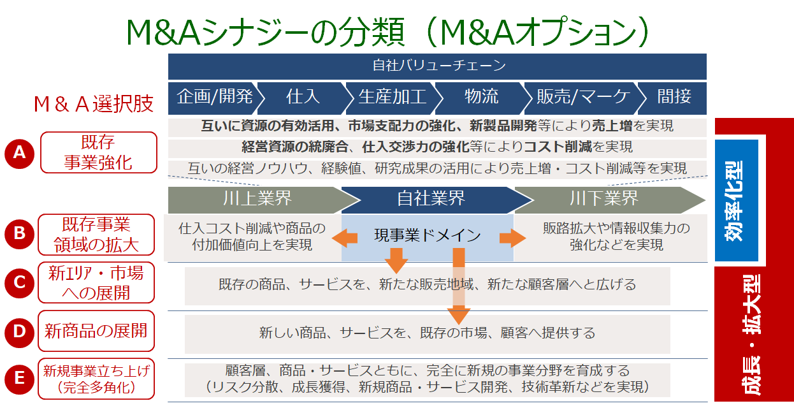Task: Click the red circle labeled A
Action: click(20, 152)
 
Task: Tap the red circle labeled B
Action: click(20, 234)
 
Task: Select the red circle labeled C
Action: click(20, 282)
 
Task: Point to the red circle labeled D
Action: click(20, 331)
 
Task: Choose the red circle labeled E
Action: click(20, 379)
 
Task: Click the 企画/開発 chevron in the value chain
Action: click(213, 97)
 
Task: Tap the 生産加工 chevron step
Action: click(392, 97)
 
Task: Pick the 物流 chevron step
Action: click(481, 97)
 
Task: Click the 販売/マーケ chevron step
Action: click(574, 97)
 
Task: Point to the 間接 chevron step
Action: click(674, 97)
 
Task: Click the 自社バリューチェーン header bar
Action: click(437, 66)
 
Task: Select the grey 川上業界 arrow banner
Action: click(255, 200)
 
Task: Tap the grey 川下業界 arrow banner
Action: click(605, 200)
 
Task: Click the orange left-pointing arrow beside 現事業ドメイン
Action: click(344, 238)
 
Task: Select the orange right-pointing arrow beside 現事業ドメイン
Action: click(512, 238)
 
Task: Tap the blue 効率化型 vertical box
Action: click(736, 201)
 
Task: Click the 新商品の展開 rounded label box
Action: click(96, 331)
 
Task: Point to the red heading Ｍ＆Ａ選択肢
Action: click(93, 103)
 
